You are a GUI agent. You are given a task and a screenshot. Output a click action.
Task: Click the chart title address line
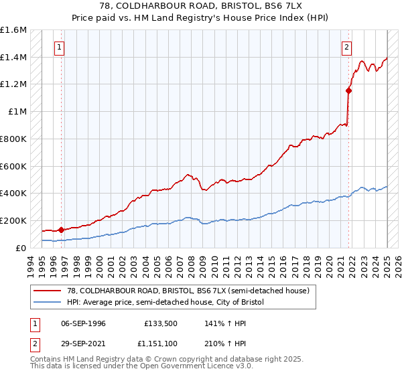(x=200, y=6)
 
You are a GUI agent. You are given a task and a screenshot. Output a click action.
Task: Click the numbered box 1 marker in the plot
(x=60, y=48)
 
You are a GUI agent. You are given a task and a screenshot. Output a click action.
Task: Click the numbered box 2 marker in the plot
(x=347, y=48)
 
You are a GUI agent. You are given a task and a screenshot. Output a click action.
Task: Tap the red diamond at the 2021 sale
(x=349, y=90)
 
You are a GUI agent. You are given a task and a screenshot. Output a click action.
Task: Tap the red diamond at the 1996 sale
(x=61, y=230)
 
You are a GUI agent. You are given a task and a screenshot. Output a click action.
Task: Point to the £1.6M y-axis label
(x=13, y=30)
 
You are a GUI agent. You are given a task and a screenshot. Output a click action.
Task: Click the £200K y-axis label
(x=13, y=220)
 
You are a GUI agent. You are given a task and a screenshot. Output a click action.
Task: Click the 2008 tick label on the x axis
(x=192, y=264)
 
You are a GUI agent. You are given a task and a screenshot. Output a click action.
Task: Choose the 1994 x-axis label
(x=31, y=264)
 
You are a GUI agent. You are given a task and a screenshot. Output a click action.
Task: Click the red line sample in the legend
(x=48, y=291)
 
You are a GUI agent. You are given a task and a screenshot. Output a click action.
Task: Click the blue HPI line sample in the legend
(x=48, y=303)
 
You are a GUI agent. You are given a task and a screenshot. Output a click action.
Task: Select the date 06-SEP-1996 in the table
(x=84, y=323)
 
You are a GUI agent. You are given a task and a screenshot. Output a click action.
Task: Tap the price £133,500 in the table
(x=160, y=323)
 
